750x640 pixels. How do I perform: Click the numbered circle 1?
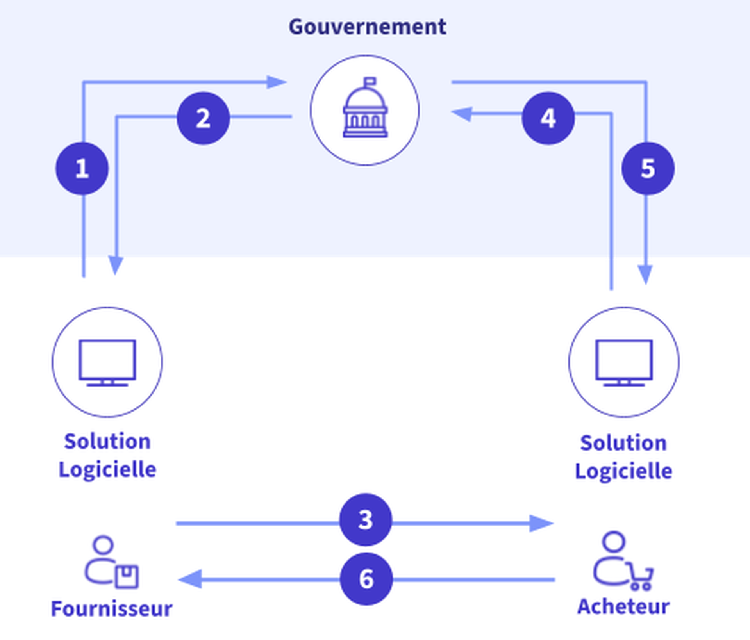pos(82,168)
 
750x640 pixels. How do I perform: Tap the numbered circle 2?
pos(203,118)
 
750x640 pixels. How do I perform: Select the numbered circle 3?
pos(366,520)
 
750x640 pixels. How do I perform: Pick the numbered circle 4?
pos(548,118)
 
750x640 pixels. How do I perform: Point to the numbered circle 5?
pos(648,168)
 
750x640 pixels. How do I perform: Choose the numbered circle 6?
pos(366,579)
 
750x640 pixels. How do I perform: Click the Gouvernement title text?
pos(367,27)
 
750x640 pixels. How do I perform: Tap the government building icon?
pos(365,109)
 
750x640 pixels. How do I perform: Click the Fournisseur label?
pos(112,609)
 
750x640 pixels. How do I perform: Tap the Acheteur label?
pos(623,606)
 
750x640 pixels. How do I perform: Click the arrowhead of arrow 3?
pos(542,523)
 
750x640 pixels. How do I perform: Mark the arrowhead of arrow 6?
pos(190,579)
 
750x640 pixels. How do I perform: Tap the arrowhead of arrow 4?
pos(462,114)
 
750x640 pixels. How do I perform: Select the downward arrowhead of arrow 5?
pos(645,274)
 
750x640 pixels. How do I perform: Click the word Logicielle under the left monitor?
pos(107,469)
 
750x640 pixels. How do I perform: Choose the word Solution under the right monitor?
pos(623,443)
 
